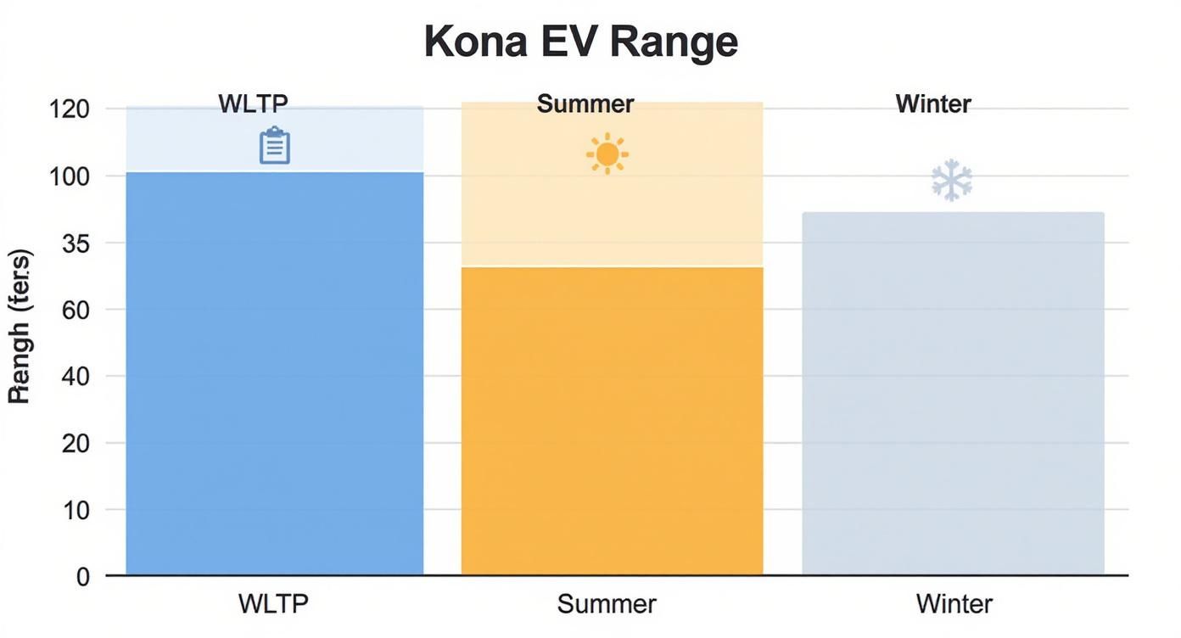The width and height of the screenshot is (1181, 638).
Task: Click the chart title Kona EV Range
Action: [x=581, y=41]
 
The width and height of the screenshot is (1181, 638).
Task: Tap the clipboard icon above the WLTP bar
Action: [x=274, y=145]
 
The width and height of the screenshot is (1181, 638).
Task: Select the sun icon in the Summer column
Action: [x=607, y=154]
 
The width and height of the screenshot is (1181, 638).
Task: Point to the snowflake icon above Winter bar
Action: [x=951, y=180]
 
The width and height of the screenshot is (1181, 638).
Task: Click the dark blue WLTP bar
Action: [x=274, y=373]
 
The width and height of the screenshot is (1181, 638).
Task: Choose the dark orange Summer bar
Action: [x=612, y=420]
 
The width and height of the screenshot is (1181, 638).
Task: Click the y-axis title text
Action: [x=20, y=326]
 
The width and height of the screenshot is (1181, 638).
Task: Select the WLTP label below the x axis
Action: [x=273, y=604]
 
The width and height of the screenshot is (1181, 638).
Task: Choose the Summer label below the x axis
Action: [x=607, y=604]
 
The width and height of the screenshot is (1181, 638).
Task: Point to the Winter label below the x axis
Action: [x=954, y=604]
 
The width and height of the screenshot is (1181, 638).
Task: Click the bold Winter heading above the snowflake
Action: [x=933, y=104]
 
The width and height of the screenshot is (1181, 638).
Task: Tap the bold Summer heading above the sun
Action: [x=585, y=104]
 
